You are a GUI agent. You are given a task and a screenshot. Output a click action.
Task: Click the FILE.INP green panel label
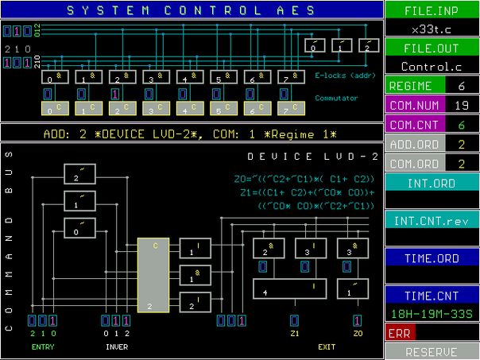pyautogui.click(x=432, y=12)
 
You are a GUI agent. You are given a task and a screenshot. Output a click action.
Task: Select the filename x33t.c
pyautogui.click(x=432, y=29)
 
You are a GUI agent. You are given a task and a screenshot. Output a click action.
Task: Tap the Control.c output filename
pyautogui.click(x=432, y=67)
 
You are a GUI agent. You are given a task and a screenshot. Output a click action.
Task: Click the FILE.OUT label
pyautogui.click(x=432, y=48)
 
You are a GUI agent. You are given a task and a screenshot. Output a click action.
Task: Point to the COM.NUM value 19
pyautogui.click(x=460, y=105)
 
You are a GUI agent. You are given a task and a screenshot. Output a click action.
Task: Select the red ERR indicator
pyautogui.click(x=399, y=334)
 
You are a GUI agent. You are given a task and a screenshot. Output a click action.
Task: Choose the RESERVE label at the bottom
pyautogui.click(x=432, y=351)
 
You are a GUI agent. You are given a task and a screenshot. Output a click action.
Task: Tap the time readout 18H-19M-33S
pyautogui.click(x=432, y=315)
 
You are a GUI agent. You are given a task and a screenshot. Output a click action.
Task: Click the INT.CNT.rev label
pyautogui.click(x=432, y=219)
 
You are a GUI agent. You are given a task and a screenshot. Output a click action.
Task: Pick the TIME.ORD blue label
pyautogui.click(x=432, y=257)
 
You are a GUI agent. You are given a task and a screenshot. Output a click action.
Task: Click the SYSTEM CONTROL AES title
pyautogui.click(x=190, y=10)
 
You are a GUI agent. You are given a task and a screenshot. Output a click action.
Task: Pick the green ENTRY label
pyautogui.click(x=42, y=347)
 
